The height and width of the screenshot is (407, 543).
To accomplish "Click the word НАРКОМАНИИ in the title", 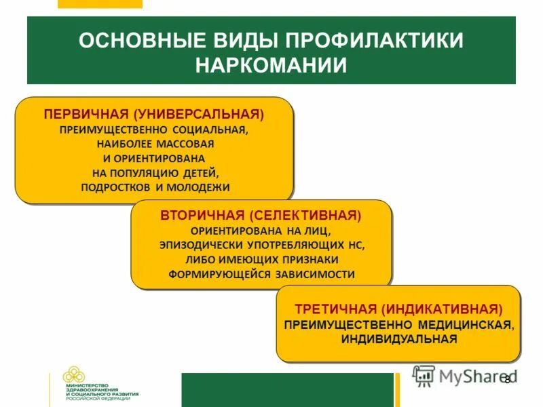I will tap(271, 66).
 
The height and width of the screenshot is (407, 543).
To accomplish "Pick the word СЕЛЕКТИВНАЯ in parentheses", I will tap(305, 216).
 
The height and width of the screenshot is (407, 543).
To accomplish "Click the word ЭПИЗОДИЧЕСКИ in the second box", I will tap(198, 246).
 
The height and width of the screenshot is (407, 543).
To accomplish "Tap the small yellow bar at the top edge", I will tap(100, 3).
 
